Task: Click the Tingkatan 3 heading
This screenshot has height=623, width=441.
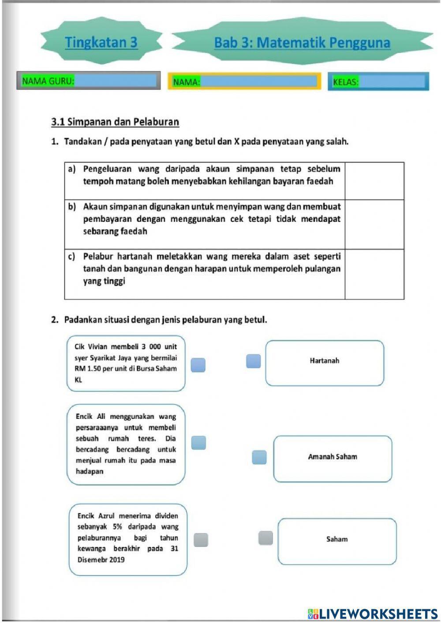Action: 101,42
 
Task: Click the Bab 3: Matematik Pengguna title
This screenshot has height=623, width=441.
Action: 302,43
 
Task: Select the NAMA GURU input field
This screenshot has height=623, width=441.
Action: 116,81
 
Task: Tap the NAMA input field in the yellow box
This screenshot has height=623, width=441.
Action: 258,81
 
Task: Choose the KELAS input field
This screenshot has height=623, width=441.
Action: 391,82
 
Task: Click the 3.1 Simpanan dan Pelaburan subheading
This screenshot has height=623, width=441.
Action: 115,122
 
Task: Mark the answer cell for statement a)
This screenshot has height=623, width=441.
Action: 374,181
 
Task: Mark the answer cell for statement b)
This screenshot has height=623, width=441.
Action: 374,224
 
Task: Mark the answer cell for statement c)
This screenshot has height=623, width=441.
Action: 374,274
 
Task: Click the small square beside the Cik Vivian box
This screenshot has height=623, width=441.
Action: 198,365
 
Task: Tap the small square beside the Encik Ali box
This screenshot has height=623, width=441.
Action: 198,443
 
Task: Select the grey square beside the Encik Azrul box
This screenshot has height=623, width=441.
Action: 201,540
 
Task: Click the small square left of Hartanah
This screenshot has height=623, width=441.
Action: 253,361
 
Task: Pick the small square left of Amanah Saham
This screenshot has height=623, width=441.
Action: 259,457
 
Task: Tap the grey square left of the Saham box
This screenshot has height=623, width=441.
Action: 265,538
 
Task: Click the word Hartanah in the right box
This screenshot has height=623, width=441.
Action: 324,361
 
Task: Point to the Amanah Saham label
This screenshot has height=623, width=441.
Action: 333,457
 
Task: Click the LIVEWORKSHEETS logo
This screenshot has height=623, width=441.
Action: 373,613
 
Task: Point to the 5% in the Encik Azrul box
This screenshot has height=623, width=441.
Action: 117,526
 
